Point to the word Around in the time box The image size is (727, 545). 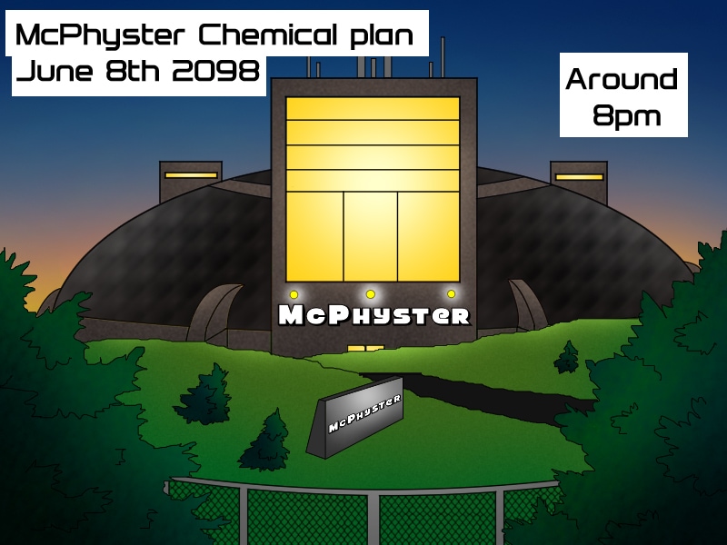[622, 80]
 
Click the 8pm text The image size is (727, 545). [625, 116]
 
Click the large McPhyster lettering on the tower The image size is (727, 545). [374, 316]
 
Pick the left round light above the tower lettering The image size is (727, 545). [294, 294]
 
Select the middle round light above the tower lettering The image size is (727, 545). [371, 294]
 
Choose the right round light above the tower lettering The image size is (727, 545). [451, 294]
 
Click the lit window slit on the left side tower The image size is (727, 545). [191, 174]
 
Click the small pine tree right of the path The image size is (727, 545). [567, 358]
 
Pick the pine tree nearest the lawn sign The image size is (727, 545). [265, 441]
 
